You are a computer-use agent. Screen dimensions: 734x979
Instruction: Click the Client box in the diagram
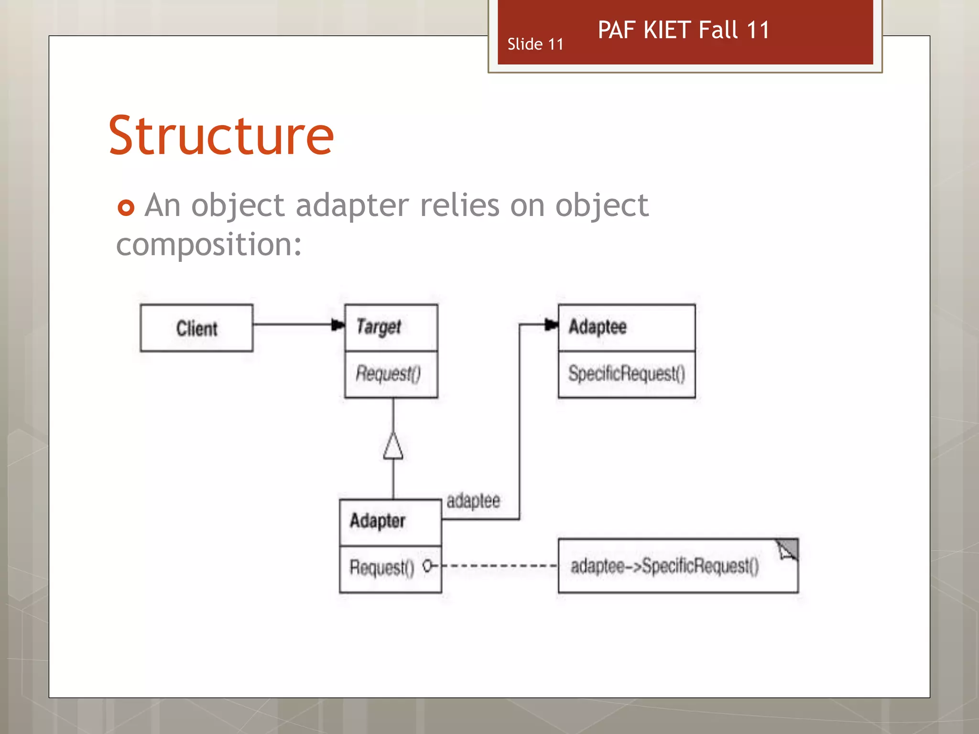tap(196, 328)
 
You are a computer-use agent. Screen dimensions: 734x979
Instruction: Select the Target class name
tap(379, 327)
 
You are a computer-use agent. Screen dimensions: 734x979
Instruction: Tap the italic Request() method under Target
tap(388, 374)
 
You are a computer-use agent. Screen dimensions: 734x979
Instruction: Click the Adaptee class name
tap(598, 327)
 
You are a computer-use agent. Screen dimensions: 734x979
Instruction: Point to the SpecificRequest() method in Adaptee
tap(626, 374)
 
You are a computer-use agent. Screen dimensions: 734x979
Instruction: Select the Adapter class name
tap(377, 521)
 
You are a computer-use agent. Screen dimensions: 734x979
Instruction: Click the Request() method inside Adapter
tap(381, 568)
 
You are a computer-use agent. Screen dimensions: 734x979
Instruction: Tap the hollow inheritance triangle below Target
tap(393, 446)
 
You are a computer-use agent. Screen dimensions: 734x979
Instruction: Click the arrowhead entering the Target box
tap(338, 325)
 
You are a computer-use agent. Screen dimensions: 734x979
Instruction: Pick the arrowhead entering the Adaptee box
tap(551, 325)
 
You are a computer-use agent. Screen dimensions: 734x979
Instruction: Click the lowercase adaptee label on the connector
tap(473, 501)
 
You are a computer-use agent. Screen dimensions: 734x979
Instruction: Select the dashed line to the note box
tap(500, 566)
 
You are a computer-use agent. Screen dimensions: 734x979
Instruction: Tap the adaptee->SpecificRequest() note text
tap(664, 566)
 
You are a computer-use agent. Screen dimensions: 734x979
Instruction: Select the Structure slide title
tap(221, 136)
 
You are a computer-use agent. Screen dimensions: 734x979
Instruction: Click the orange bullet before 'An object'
tap(126, 207)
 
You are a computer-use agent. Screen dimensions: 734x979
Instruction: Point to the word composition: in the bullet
tap(209, 245)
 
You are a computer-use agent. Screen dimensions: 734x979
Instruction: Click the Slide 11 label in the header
tap(535, 44)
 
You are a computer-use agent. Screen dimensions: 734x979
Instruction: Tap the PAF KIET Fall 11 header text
tap(684, 30)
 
